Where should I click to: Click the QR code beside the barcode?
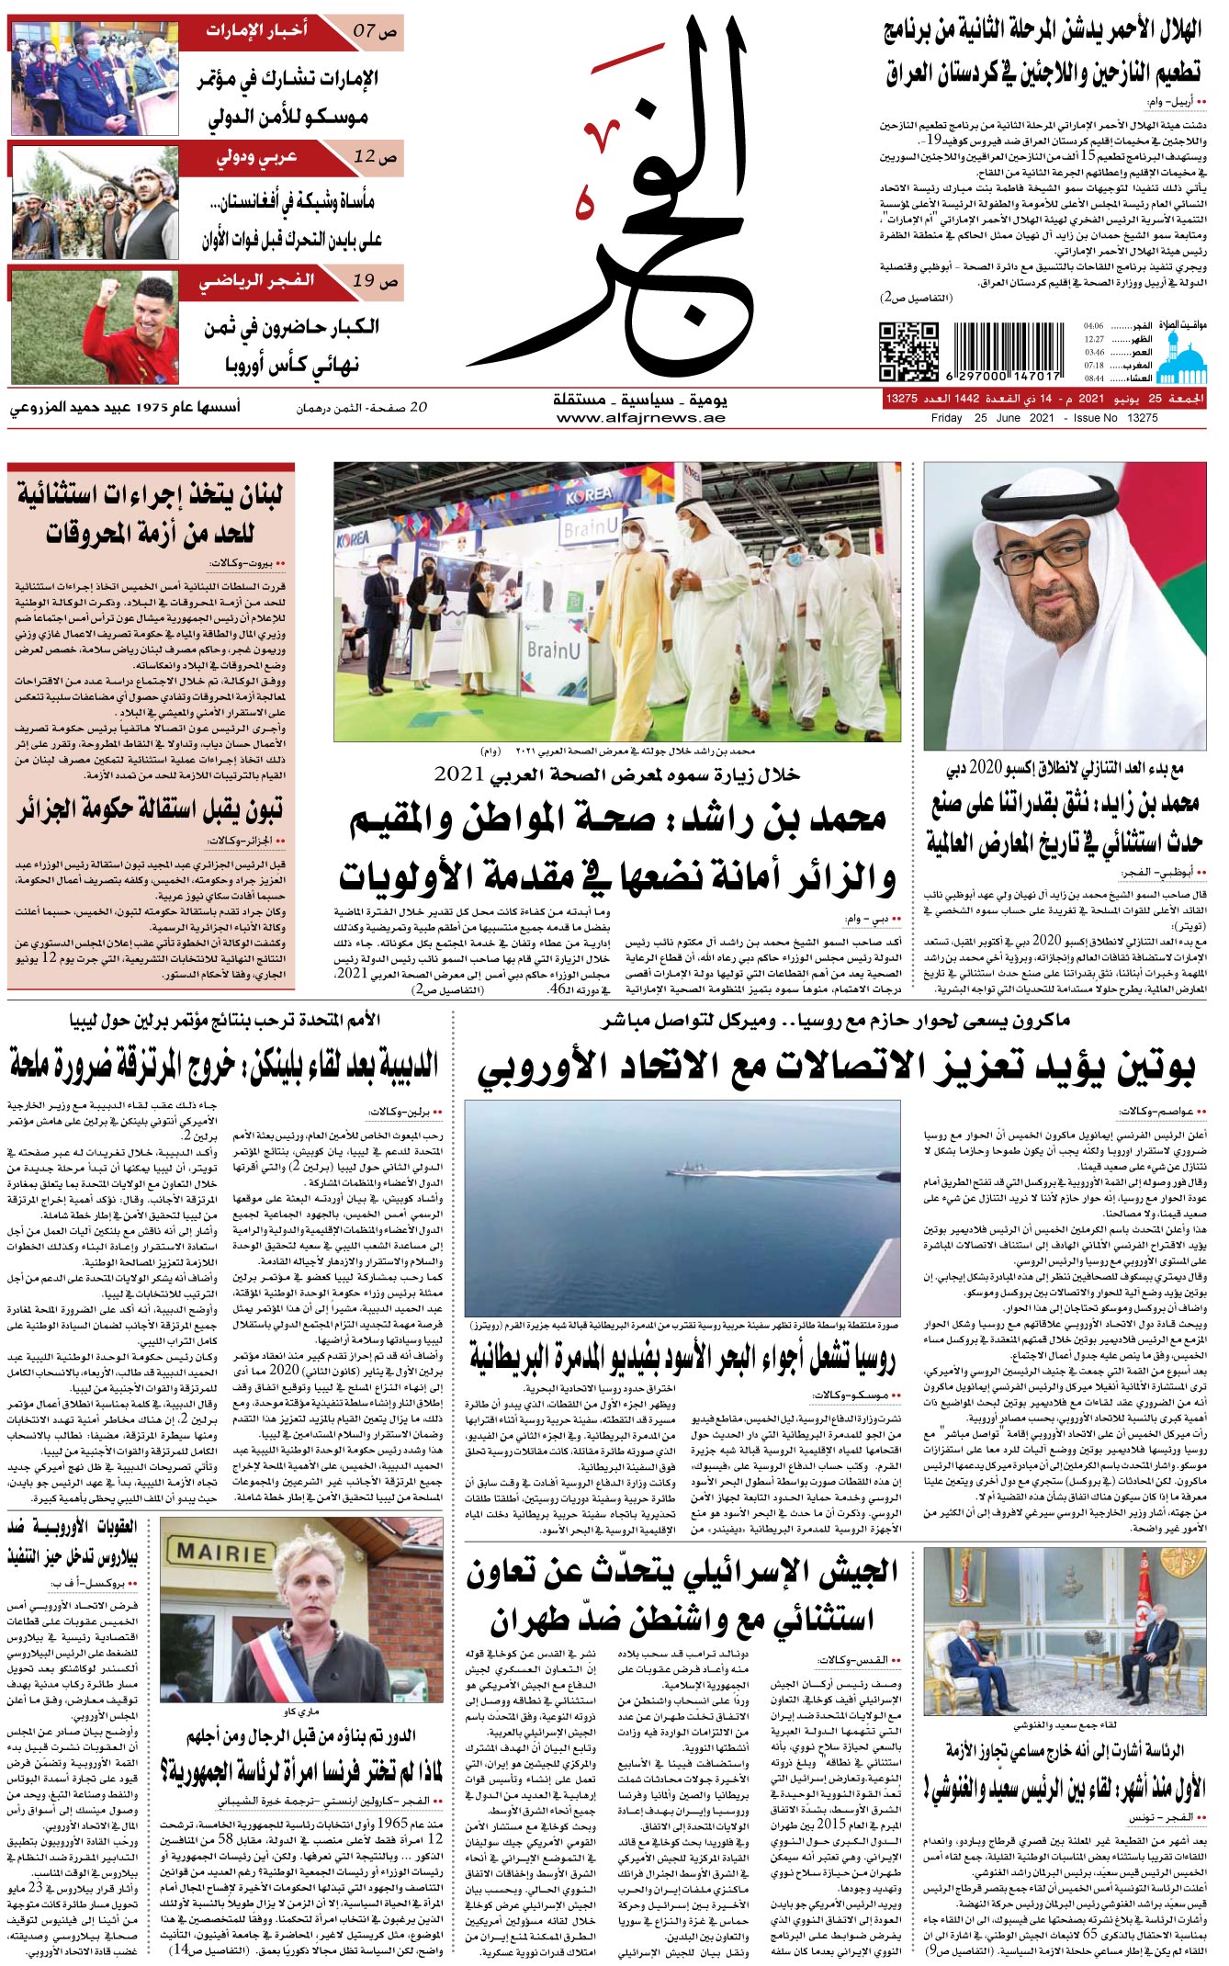coord(908,351)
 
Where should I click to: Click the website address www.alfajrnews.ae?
coord(640,418)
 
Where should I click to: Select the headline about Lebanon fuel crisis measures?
coord(149,514)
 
